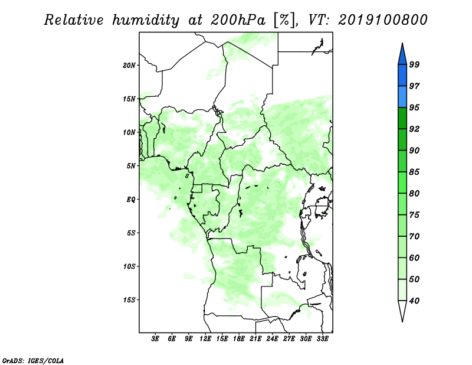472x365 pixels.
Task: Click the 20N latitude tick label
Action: pos(129,66)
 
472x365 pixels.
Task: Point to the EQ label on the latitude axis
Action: pos(130,200)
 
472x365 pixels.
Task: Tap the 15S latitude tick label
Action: pos(129,300)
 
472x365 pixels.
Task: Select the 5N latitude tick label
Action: pos(131,166)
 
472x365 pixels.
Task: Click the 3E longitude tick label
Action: pos(155,338)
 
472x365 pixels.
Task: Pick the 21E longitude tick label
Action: pos(255,338)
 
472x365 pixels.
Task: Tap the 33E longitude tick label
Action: pos(322,338)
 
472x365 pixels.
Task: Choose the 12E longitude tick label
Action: pos(205,338)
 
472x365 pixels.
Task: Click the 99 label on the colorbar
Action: pos(414,64)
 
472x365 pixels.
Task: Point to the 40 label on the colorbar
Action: pos(414,301)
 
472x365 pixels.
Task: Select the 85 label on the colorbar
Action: pos(414,172)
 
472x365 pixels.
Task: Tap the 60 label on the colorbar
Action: pos(414,258)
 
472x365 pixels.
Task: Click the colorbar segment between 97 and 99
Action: pos(402,76)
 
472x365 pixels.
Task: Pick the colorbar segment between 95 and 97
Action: pos(402,97)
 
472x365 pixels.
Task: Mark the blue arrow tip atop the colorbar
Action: pos(402,43)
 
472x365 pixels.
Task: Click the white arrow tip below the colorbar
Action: pos(402,322)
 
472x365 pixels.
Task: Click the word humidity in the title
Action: pos(146,20)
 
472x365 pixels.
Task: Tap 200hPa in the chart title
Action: pos(238,20)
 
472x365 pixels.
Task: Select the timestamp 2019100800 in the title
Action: pos(382,20)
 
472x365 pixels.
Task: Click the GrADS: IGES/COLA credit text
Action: pos(33,360)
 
